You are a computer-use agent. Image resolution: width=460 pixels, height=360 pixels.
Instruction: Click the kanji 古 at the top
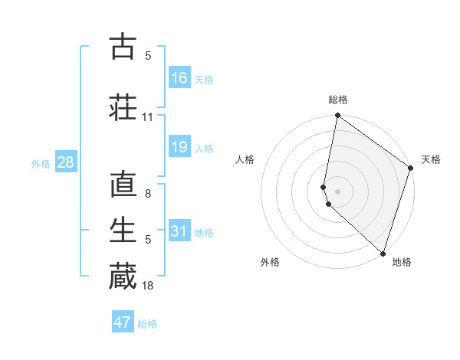tap(123, 47)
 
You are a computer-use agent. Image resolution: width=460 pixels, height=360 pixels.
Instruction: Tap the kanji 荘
tap(123, 106)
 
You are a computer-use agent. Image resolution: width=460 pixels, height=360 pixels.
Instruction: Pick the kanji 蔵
tap(123, 276)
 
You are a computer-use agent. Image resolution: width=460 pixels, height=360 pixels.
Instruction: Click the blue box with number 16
tap(179, 78)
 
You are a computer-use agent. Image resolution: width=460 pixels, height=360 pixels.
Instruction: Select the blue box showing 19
tap(179, 147)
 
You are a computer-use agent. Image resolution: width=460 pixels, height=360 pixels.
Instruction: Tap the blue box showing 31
tap(179, 231)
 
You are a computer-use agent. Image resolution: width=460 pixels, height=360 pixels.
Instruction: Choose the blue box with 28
tap(64, 162)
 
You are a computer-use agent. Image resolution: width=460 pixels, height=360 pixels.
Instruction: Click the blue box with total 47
tap(123, 322)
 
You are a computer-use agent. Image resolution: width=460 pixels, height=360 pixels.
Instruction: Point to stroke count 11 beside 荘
tap(148, 117)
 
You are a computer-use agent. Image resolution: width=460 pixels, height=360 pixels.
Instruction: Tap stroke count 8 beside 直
tap(148, 195)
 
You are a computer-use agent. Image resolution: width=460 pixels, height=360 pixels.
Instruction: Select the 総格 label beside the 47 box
tap(147, 324)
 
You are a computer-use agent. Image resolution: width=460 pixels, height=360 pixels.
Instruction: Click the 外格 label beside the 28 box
tap(41, 163)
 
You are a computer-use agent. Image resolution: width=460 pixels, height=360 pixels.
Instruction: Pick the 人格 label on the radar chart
tap(245, 159)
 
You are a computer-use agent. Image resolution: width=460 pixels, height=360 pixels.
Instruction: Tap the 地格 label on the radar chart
tap(402, 262)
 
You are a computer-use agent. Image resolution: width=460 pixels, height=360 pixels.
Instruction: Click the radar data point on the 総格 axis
tap(337, 116)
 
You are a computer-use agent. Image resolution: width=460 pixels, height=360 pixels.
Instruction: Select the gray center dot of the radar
tap(337, 190)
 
